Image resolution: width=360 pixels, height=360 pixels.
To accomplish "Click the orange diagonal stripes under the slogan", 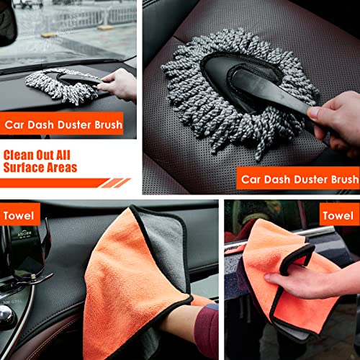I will (x=114, y=183).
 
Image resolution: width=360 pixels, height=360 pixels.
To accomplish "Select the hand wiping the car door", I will (x=288, y=280).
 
